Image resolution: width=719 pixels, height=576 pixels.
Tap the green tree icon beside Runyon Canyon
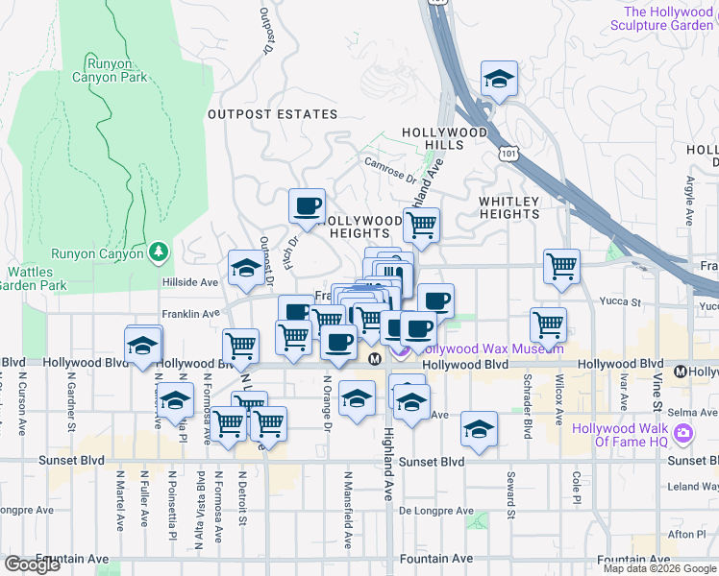pos(160,252)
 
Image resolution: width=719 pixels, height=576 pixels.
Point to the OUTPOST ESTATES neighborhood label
pos(260,114)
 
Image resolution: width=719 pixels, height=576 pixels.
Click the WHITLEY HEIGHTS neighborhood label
pos(509,207)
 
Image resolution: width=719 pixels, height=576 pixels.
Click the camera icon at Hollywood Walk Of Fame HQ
pos(683,434)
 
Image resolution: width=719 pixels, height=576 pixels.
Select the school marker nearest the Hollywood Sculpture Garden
pos(499,80)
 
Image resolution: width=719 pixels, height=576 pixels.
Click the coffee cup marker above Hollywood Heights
pos(308,206)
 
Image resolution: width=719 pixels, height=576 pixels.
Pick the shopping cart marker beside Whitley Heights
pos(421,226)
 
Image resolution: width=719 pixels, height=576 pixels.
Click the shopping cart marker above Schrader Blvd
pos(548,324)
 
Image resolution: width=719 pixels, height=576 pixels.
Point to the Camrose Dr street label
pos(390,169)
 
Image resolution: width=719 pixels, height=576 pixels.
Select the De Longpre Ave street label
pos(437,511)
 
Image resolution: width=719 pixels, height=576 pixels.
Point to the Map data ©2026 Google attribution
pos(658,568)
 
